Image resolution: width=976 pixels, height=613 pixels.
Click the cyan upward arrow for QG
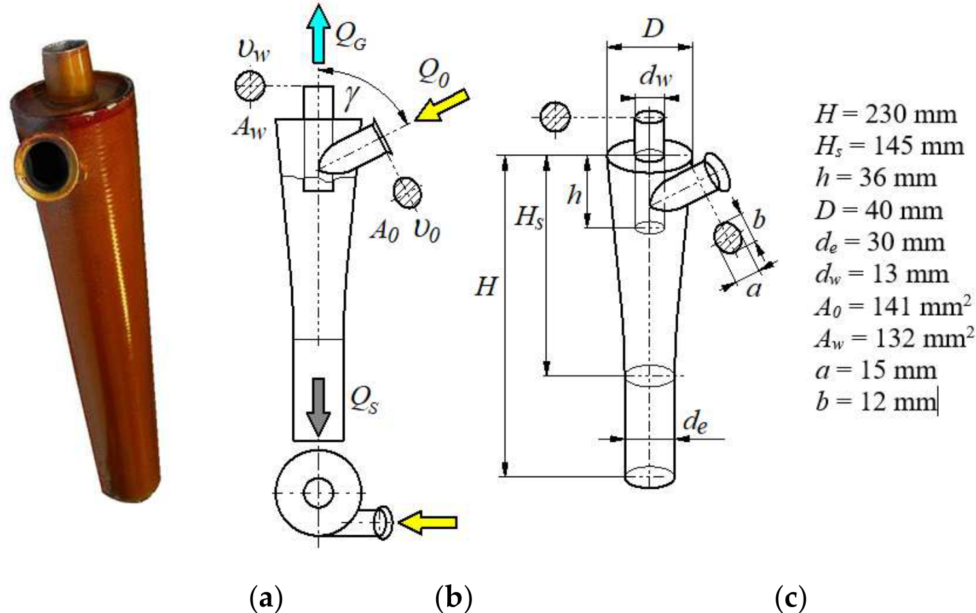318,33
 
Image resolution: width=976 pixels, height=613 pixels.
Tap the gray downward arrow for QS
319,407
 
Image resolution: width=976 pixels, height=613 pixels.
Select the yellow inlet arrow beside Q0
442,105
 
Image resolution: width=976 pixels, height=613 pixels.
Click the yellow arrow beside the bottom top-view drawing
428,522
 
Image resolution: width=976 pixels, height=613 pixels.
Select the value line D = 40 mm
879,210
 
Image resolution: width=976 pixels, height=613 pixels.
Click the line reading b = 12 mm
875,401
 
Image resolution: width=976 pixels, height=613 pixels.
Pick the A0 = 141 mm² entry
893,306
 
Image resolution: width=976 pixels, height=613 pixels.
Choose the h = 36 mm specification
875,178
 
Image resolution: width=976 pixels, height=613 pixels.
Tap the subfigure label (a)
266,599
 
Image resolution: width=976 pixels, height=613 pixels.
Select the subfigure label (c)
791,599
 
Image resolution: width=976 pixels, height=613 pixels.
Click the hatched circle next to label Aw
249,86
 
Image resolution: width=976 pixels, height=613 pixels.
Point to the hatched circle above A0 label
407,192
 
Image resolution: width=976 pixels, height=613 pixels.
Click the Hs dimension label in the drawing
529,217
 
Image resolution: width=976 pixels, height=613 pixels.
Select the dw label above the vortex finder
655,77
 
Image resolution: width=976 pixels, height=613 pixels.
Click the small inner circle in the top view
319,493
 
